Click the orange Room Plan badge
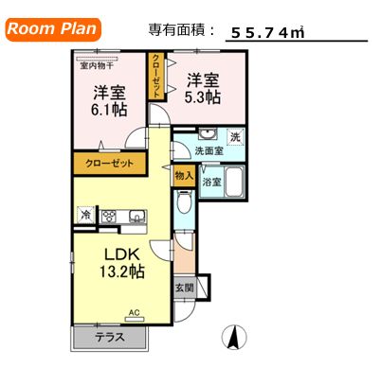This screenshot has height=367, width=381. coord(53,28)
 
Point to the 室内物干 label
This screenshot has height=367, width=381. coord(98,65)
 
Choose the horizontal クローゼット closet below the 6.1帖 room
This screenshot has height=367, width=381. coord(110,164)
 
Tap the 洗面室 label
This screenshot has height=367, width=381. coord(209,151)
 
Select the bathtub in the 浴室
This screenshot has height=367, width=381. coord(236,180)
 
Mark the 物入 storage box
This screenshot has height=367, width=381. coord(184,175)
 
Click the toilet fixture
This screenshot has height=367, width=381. coord(185,202)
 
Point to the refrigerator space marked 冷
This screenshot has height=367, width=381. coord(86,217)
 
